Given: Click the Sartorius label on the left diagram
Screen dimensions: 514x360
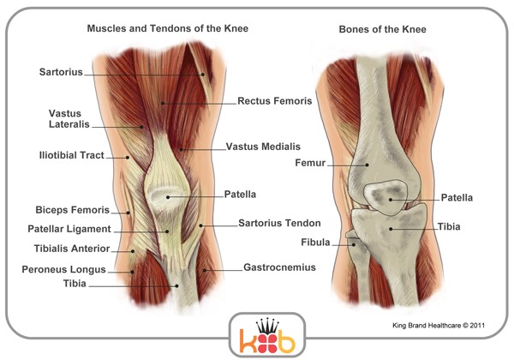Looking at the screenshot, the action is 61,72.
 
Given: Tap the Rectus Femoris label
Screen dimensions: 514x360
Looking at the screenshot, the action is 275,101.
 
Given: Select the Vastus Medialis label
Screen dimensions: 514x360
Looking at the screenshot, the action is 263,147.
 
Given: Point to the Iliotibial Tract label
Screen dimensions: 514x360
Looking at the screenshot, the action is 71,155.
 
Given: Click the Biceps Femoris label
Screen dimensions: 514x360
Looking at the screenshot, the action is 73,210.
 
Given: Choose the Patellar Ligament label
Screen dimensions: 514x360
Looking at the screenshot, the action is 69,229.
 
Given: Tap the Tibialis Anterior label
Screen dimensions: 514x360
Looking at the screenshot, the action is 72,249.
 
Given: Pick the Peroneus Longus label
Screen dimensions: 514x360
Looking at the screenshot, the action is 64,269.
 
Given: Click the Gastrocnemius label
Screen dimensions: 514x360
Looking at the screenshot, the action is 279,267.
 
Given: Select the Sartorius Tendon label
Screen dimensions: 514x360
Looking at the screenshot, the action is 279,223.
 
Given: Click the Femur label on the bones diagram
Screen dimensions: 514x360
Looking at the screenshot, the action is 310,163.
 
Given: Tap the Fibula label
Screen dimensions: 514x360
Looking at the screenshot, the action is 315,243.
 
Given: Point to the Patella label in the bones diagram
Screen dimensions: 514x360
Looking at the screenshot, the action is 457,198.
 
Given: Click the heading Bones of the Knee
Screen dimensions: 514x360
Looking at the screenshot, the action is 383,29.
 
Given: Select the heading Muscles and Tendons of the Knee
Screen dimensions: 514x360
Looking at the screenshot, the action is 168,28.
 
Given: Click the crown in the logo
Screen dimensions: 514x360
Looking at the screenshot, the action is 267,326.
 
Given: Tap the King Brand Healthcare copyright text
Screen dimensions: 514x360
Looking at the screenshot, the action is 439,326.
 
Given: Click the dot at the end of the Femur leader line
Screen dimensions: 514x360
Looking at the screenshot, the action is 368,165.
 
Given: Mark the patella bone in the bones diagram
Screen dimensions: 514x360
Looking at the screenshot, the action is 385,198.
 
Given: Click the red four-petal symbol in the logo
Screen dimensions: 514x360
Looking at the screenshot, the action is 267,343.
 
